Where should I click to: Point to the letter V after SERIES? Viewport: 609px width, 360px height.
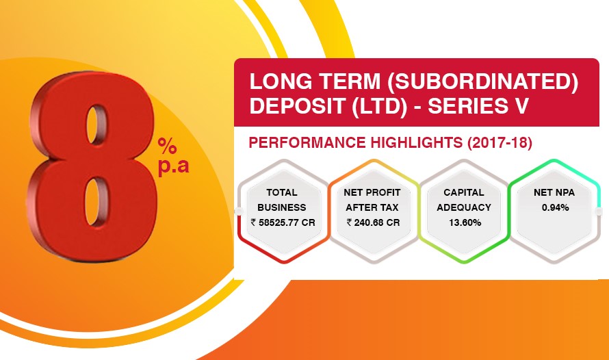(x=521, y=105)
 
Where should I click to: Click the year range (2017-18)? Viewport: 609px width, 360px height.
(x=500, y=143)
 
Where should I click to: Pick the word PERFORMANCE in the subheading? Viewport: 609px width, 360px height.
(x=307, y=142)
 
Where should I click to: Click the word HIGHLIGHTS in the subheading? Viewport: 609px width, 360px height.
(x=416, y=142)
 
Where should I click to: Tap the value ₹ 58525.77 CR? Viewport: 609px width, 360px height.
(x=283, y=222)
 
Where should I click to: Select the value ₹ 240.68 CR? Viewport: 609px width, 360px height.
(x=373, y=222)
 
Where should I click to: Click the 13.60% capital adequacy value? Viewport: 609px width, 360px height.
(x=465, y=222)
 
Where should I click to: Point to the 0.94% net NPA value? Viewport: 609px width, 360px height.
(x=556, y=208)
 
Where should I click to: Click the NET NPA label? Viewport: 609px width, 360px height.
(x=554, y=192)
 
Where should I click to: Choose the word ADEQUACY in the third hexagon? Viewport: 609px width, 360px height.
(x=464, y=207)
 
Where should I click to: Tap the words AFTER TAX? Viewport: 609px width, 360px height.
(x=372, y=207)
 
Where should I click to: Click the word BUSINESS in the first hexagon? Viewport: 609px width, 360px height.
(x=282, y=207)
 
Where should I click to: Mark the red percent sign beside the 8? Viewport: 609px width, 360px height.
(x=168, y=146)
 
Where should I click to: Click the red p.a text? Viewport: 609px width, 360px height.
(x=173, y=166)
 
